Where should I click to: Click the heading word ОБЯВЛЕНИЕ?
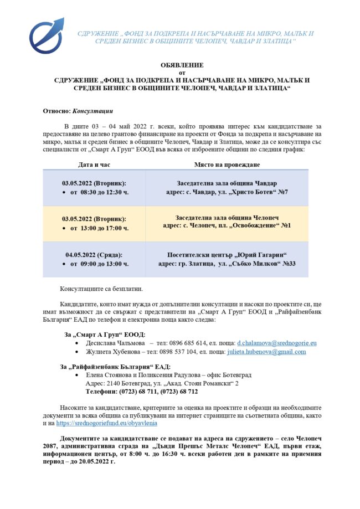coord(182,65)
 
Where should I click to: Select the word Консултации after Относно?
coord(92,111)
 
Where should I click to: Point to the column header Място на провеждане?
coord(227,164)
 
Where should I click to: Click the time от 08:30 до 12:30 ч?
coord(99,192)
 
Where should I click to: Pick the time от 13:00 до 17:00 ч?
coord(99,228)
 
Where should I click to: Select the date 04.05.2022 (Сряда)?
coord(94,255)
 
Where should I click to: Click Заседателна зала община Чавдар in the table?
coord(227,183)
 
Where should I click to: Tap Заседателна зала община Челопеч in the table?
coord(227,219)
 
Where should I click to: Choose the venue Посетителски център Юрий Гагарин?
coord(227,255)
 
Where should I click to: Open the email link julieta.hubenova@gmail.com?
coord(265,352)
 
